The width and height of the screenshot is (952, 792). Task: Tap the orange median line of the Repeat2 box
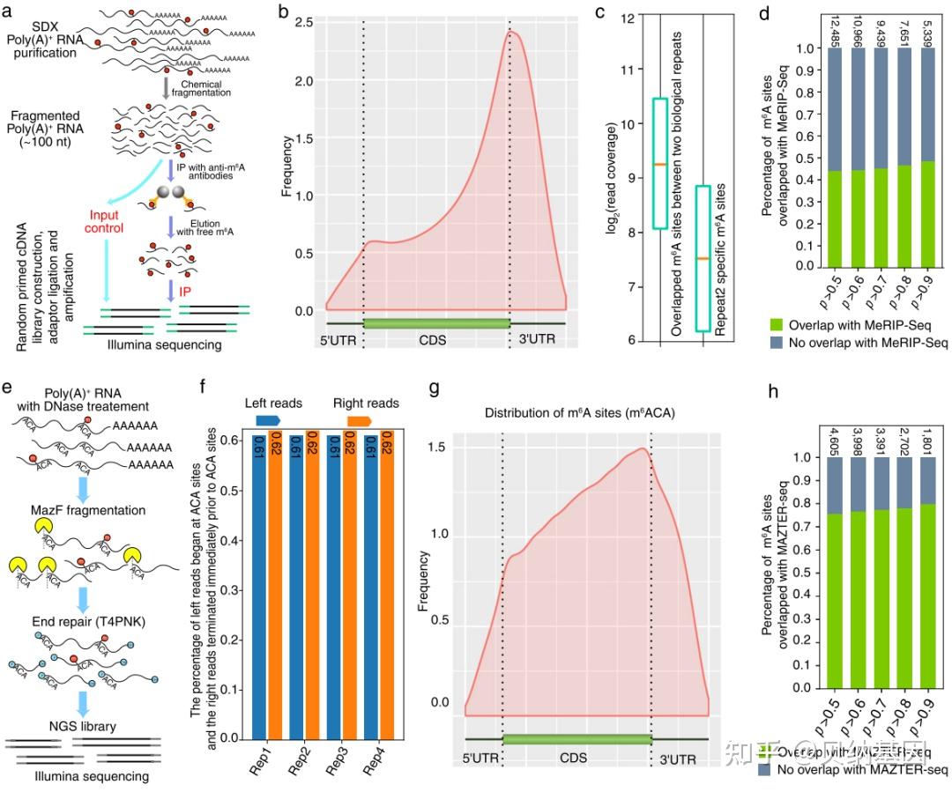[x=703, y=258]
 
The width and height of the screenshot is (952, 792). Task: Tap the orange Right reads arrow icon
[x=359, y=421]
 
